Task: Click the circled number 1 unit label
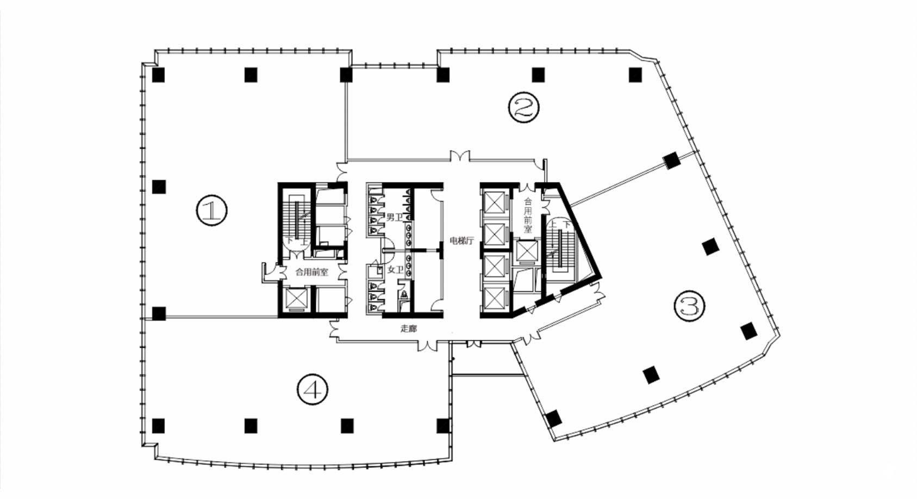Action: (211, 210)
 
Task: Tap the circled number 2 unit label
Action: (523, 107)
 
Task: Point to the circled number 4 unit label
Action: (313, 390)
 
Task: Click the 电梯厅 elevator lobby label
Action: (461, 241)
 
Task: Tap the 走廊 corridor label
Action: (409, 329)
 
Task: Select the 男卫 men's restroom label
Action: (395, 218)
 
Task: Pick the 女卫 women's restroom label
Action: (396, 270)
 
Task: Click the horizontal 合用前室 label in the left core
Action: (312, 272)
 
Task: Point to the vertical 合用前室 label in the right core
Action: (528, 215)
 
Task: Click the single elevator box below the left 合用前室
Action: (296, 300)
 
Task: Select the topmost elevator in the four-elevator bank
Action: (494, 202)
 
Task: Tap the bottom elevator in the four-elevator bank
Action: (494, 298)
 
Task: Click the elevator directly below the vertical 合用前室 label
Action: (527, 251)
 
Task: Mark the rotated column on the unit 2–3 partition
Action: (671, 160)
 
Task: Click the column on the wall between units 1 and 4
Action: (159, 313)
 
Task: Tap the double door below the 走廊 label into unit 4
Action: (428, 345)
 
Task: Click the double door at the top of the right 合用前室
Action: (527, 187)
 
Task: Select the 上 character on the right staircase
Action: (553, 225)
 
